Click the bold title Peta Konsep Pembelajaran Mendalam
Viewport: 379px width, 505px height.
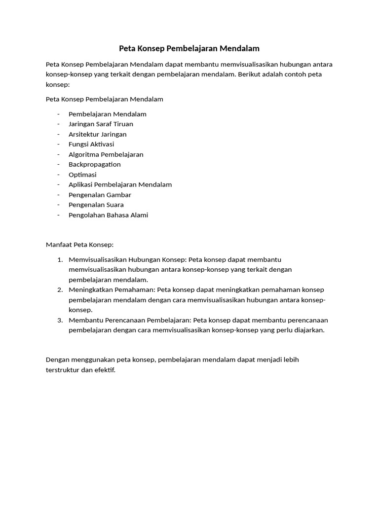click(189, 48)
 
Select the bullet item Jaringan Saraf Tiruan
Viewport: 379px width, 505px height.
click(101, 124)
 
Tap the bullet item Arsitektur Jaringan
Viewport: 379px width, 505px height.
click(97, 134)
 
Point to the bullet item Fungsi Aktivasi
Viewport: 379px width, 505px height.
click(91, 144)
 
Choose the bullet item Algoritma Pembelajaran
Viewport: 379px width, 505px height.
click(106, 154)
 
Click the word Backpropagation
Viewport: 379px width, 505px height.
click(94, 164)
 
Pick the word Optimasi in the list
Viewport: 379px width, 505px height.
click(82, 175)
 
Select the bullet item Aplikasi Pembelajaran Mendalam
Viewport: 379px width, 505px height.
click(120, 184)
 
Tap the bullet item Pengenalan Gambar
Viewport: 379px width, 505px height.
click(100, 195)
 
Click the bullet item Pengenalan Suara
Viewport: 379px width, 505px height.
click(96, 205)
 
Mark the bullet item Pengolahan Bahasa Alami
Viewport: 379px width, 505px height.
click(108, 215)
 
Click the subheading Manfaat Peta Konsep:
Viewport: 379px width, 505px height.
click(79, 244)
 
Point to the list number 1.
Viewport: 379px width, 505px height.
click(59, 259)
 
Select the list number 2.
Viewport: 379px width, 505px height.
click(59, 289)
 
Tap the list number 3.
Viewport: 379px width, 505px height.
click(59, 320)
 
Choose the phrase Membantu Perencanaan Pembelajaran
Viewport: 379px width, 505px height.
click(130, 320)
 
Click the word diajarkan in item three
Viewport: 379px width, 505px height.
click(307, 330)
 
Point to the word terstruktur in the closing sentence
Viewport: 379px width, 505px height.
click(63, 370)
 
